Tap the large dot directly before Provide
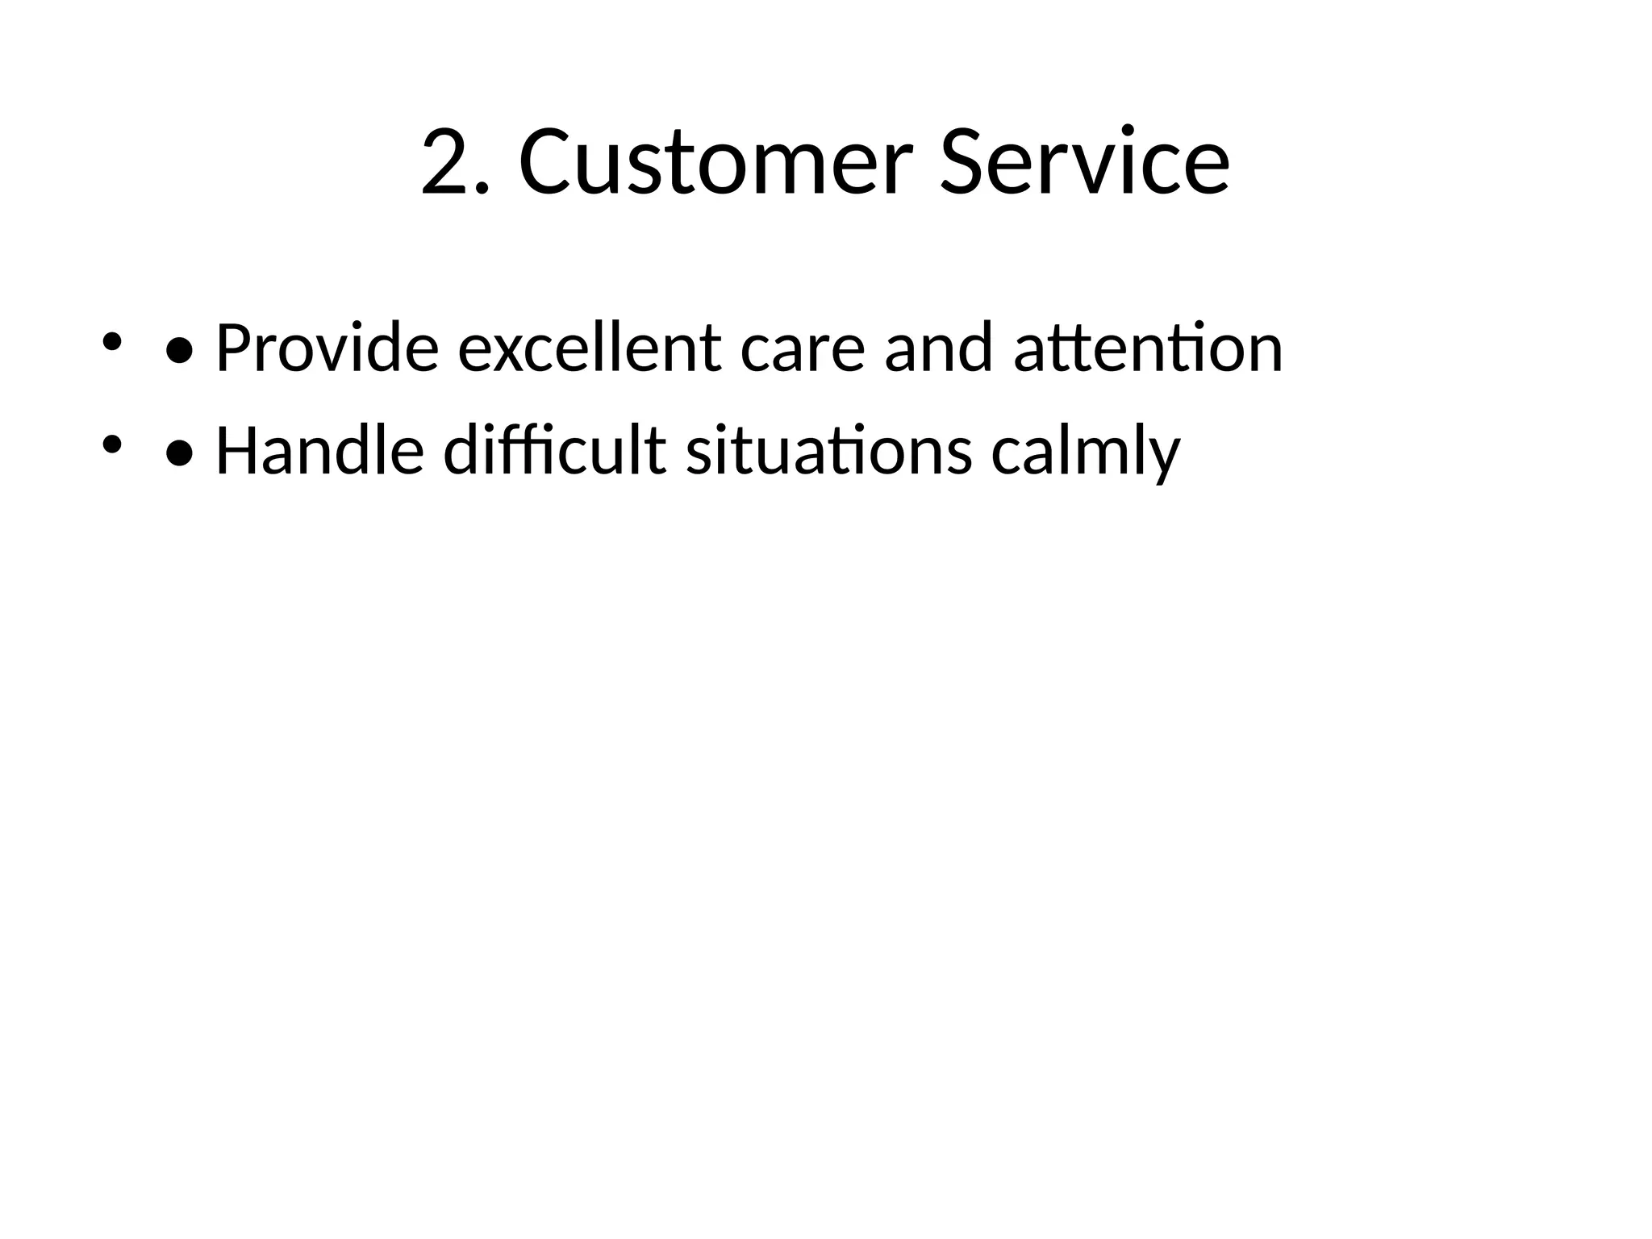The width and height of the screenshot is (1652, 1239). [179, 351]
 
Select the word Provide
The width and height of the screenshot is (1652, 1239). [327, 349]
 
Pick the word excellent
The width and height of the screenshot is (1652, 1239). [590, 349]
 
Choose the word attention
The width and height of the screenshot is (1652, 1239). [1148, 349]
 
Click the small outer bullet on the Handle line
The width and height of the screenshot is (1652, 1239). [111, 444]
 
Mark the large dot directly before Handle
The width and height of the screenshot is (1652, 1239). [179, 454]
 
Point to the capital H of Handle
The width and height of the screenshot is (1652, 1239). [235, 450]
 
